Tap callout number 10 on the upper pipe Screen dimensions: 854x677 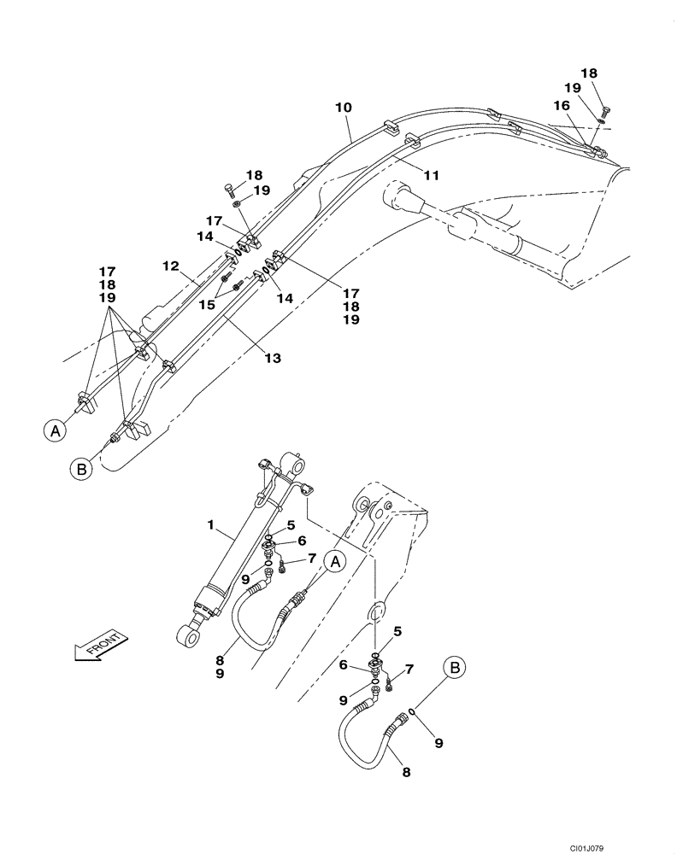[343, 108]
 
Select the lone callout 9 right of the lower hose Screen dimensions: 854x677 [439, 743]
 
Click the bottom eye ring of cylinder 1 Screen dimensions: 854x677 [185, 634]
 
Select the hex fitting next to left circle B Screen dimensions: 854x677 [114, 440]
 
